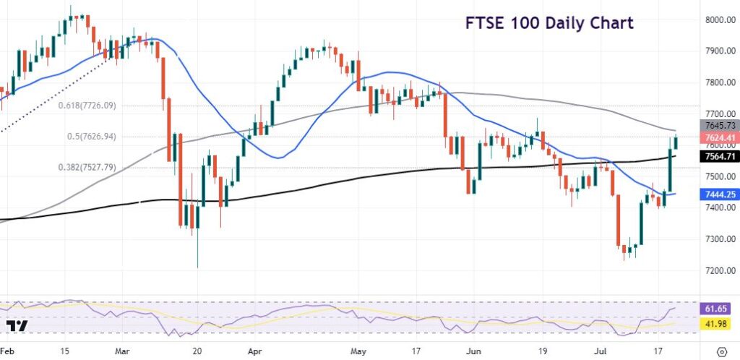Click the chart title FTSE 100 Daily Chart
(549, 22)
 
